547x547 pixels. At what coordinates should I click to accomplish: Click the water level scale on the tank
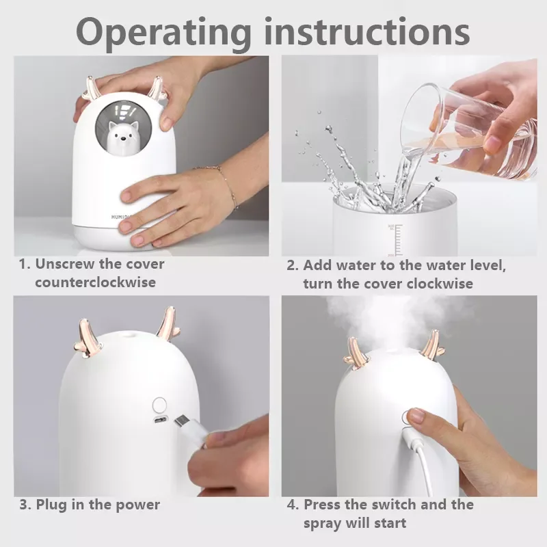(397, 241)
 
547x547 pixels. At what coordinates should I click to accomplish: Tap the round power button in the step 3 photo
(159, 405)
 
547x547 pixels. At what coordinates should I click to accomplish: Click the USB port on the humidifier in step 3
(160, 418)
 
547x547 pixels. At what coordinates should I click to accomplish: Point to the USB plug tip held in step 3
(181, 423)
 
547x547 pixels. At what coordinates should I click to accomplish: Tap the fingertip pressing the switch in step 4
(416, 415)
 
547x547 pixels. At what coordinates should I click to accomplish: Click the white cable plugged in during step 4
(423, 461)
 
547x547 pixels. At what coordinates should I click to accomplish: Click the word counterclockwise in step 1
(95, 282)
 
